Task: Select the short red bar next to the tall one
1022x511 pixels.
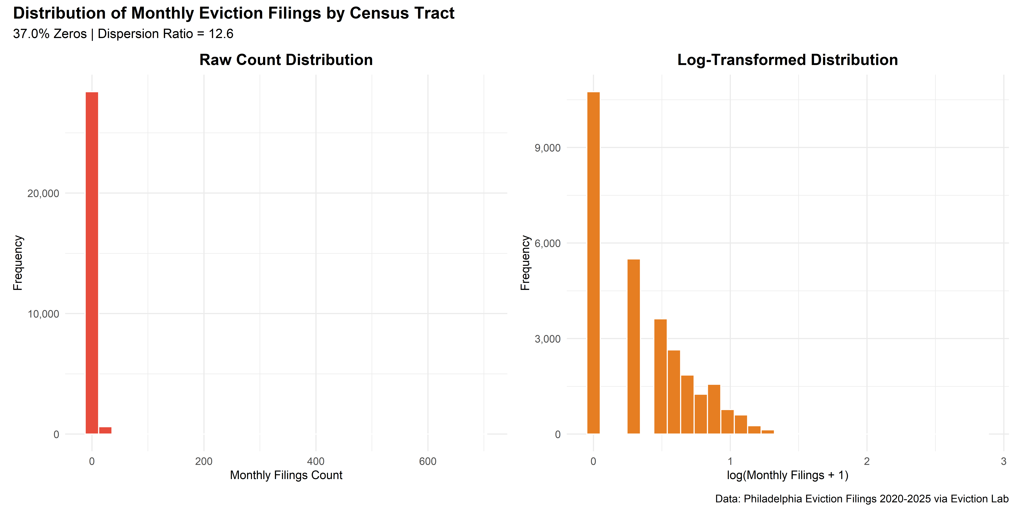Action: [105, 431]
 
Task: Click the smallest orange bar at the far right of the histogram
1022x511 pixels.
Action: [768, 432]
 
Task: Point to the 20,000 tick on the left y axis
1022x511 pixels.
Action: [43, 194]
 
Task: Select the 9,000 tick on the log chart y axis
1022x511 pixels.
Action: [547, 148]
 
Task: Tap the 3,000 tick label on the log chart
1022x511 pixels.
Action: [547, 339]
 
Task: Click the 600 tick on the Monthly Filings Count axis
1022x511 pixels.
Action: [428, 461]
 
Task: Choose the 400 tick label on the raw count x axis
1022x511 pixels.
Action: [316, 461]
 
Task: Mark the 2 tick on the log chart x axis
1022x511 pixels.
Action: [867, 461]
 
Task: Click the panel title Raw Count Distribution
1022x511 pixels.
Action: [286, 60]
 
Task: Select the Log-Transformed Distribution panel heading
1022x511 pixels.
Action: [788, 60]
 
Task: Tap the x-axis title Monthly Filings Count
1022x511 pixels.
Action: [286, 475]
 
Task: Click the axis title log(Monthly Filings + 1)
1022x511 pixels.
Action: [788, 475]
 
